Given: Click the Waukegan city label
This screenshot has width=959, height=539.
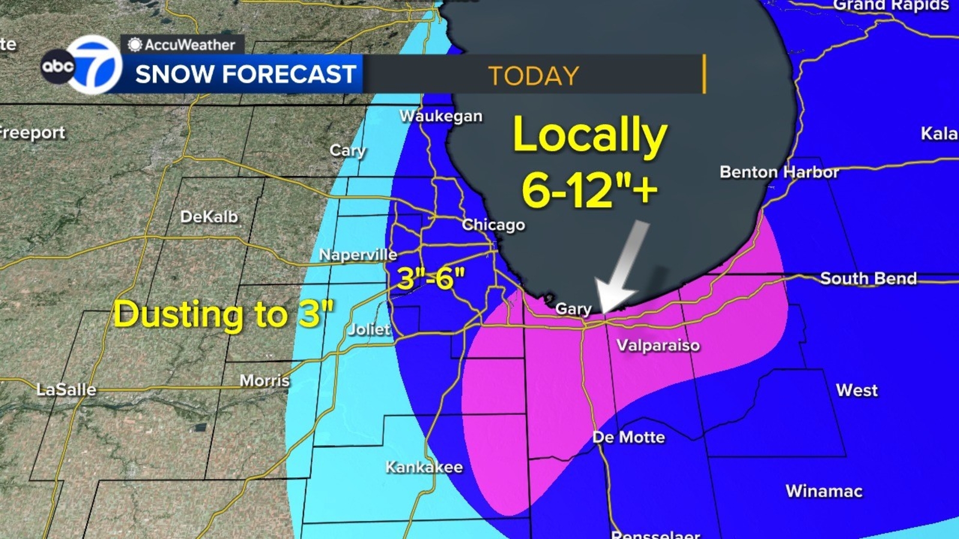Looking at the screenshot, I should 441,116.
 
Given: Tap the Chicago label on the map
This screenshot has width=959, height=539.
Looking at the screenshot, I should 493,225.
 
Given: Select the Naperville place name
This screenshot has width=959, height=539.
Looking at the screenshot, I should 358,255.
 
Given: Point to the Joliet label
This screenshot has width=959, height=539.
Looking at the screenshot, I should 369,329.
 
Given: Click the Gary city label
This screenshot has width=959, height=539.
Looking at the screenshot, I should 573,308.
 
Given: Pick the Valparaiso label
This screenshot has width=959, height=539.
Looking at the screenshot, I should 658,346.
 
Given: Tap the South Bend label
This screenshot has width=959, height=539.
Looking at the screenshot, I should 868,278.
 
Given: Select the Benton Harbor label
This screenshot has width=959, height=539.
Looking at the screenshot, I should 779,172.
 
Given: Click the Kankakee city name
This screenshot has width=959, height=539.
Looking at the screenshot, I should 424,467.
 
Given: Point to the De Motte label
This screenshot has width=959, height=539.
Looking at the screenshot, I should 629,437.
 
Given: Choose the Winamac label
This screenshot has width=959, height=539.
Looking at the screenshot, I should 824,491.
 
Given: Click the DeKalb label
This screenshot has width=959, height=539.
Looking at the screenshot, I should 209,217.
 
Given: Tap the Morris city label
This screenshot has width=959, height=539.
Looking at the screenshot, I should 264,381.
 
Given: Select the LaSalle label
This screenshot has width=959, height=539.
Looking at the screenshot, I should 66,390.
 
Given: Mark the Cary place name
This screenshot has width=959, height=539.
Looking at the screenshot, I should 348,150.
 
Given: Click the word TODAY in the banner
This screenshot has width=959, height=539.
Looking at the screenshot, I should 533,76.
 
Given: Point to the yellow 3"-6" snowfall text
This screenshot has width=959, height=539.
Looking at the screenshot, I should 431,278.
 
